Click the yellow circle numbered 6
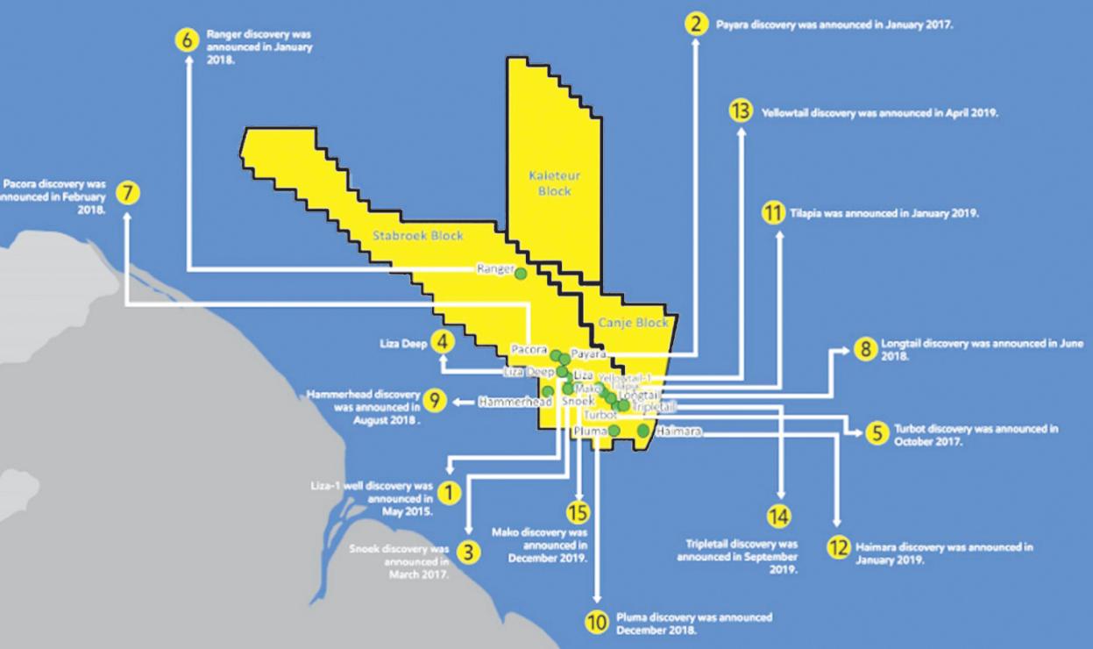[188, 40]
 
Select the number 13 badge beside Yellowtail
[741, 112]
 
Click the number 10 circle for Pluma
[596, 622]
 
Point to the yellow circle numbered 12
[839, 547]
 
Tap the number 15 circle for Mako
[578, 513]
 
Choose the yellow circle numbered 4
[444, 343]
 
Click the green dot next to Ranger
[520, 274]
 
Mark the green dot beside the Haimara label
[643, 431]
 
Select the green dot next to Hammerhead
[548, 391]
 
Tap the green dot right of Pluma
[614, 431]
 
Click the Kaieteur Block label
[555, 183]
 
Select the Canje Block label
[633, 323]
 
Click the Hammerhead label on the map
[514, 402]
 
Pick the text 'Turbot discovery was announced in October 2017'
[976, 435]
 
